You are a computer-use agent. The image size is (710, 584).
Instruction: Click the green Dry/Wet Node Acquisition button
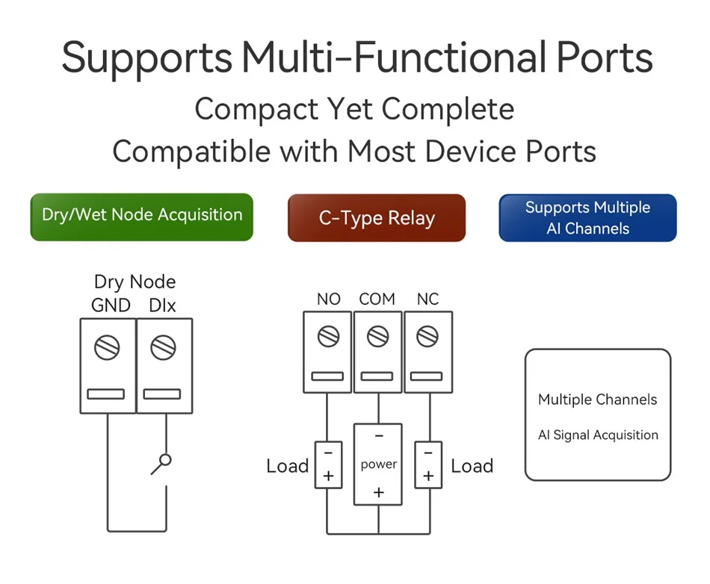click(x=142, y=217)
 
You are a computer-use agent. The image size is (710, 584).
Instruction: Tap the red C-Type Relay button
click(x=377, y=218)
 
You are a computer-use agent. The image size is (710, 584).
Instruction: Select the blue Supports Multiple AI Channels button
click(x=587, y=218)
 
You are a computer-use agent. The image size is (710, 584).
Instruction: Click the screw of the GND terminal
click(x=108, y=347)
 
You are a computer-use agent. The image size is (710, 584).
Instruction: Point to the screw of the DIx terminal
click(x=163, y=347)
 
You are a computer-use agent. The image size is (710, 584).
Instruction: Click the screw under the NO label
click(x=328, y=336)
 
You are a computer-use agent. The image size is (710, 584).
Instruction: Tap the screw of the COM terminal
click(x=377, y=336)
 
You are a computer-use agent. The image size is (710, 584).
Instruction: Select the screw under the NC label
click(x=427, y=336)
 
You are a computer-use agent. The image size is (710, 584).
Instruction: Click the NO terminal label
click(x=329, y=299)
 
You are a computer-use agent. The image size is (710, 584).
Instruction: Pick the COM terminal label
click(x=377, y=299)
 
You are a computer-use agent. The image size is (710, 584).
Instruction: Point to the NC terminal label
click(x=428, y=299)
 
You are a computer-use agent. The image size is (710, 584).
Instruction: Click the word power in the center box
click(x=379, y=465)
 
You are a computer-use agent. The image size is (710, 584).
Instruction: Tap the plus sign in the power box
click(x=379, y=492)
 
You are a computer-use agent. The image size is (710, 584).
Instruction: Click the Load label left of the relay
click(x=288, y=466)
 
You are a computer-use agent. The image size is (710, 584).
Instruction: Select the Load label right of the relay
click(x=472, y=466)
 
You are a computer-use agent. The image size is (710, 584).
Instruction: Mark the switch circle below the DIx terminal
click(x=166, y=460)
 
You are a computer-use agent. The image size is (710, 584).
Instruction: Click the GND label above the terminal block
click(x=111, y=305)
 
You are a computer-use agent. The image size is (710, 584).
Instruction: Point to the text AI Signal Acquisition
click(x=598, y=435)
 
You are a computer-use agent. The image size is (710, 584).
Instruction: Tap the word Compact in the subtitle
click(x=257, y=110)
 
